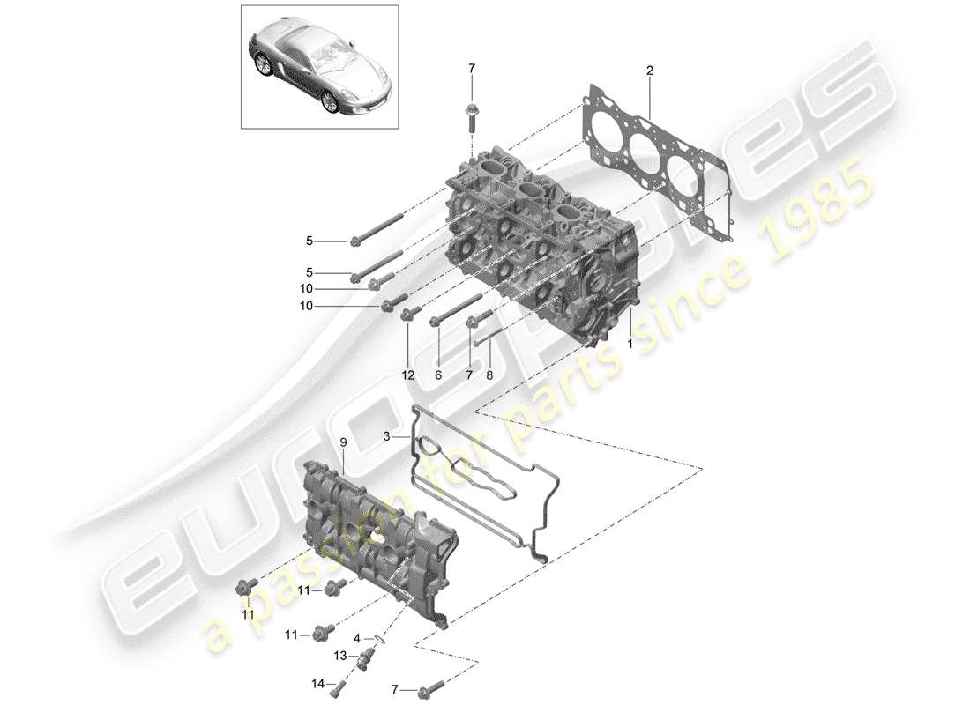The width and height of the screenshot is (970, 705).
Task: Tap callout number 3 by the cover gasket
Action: point(386,436)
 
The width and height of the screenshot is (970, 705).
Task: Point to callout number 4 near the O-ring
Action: point(357,637)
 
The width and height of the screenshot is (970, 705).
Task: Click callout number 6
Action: point(438,375)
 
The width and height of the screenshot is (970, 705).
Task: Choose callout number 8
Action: point(490,375)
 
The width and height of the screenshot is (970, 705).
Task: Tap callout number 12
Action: point(408,375)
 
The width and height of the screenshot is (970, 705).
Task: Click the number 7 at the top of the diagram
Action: point(471,68)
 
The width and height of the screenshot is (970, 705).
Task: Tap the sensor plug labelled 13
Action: point(366,657)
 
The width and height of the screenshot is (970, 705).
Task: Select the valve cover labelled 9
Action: point(375,538)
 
